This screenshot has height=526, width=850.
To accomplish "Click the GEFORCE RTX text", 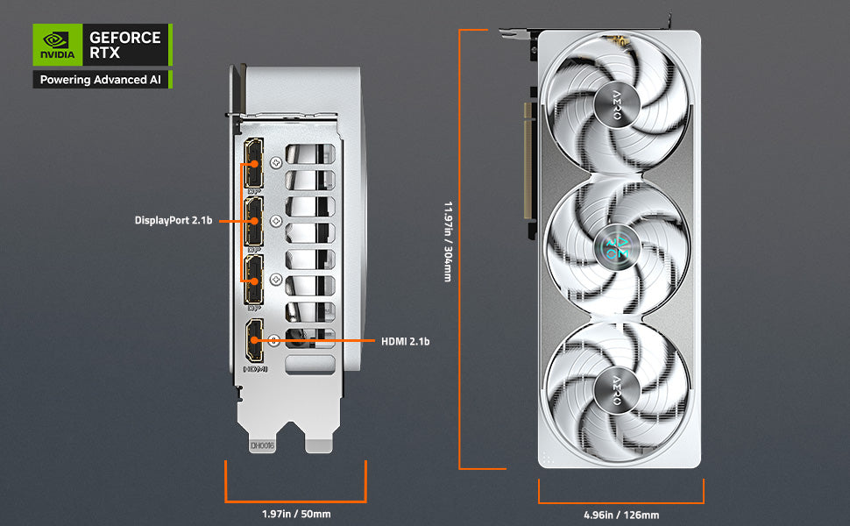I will [125, 45].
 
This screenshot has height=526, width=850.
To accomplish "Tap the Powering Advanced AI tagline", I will [100, 80].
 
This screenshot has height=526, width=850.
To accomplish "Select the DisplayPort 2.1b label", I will [174, 220].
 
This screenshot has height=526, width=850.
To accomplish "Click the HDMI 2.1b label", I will [405, 340].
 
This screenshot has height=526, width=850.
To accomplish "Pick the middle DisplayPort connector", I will [254, 221].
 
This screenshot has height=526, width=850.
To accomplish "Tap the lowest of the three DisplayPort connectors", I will [254, 280].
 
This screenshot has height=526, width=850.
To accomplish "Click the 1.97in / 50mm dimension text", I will [295, 514].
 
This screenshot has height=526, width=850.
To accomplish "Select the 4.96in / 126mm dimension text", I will [620, 515].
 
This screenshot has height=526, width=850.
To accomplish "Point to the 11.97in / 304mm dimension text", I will [447, 242].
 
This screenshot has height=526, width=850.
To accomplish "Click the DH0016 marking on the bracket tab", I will [263, 445].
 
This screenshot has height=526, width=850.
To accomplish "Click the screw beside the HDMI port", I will [277, 341].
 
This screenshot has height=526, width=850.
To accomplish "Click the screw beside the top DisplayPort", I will [277, 162].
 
